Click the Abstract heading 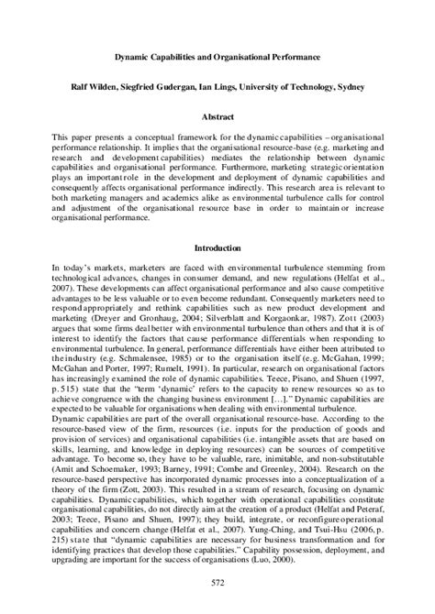click(217, 117)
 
